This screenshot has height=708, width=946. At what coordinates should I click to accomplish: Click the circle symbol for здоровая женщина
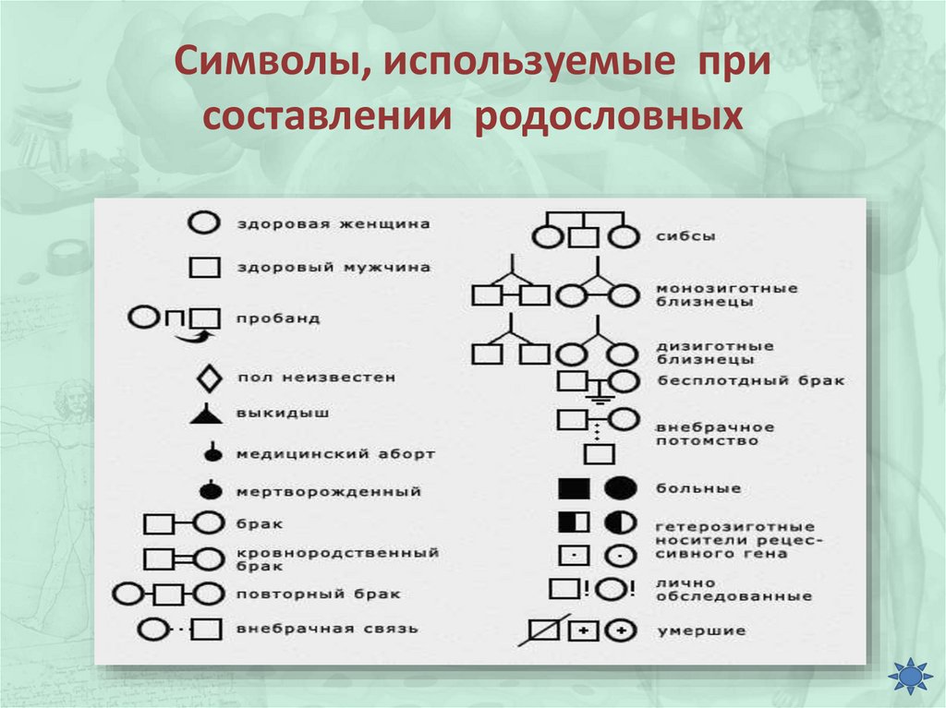pos(203,223)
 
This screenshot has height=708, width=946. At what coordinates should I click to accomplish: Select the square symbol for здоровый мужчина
pos(204,268)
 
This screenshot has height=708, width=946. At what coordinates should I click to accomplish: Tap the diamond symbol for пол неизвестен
pos(209,378)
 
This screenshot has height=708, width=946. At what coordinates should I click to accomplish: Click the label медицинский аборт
pos(335,454)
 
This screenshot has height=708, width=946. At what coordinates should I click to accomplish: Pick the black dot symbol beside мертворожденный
pos(212,490)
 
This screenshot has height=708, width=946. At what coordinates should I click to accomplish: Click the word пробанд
pos(279,318)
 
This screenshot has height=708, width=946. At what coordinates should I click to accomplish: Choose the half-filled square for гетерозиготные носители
pos(573,522)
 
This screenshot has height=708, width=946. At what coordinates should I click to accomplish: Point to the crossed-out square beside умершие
pos(546,630)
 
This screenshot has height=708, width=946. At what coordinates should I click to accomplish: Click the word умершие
pos(688,631)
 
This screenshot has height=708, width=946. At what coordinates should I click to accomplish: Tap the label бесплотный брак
pos(750,380)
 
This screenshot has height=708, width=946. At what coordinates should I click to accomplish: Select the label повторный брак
pos(319,594)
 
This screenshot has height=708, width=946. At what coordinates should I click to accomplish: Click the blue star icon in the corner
pos(909,677)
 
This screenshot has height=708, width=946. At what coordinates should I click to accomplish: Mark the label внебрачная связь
pos(327,629)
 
